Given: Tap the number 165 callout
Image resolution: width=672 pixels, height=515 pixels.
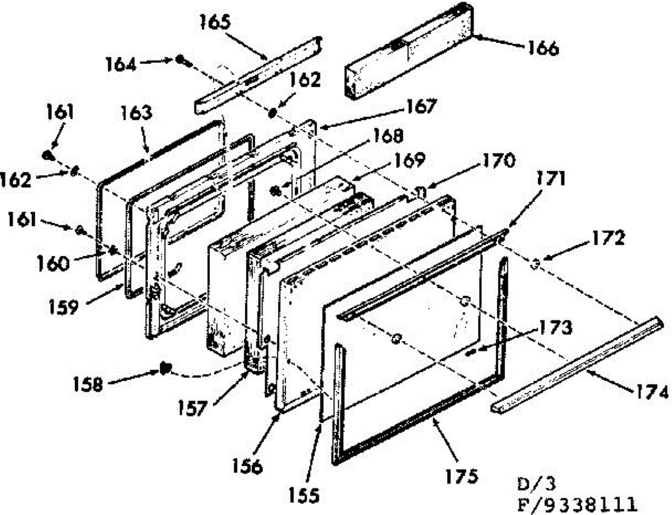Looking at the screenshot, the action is coord(215,22).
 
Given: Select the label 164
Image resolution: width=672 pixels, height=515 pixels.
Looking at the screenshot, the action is coord(120,65).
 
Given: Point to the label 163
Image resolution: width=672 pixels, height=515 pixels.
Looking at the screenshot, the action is coord(137,113).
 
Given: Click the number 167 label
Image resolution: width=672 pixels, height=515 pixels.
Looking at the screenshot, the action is coord(421,106).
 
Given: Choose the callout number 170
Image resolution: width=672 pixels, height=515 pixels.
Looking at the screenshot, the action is coord(500,161).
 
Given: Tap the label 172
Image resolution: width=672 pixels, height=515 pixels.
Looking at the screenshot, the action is coord(608,238).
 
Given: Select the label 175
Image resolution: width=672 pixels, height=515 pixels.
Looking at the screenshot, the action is coord(461,476).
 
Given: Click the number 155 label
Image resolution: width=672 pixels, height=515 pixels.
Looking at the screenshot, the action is coord(304,495).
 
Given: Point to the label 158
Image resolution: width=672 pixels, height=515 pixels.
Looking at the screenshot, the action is coord(87,385).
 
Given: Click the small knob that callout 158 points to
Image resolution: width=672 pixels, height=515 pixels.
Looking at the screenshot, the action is coord(165,368).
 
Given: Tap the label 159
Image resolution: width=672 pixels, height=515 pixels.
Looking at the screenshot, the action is coord(63,307).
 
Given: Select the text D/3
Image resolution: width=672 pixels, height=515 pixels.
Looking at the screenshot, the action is coord(536,484).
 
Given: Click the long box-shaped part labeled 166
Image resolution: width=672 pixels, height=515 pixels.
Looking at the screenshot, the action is coord(409,52).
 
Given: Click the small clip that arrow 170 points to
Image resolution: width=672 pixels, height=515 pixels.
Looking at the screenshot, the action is coord(421,193).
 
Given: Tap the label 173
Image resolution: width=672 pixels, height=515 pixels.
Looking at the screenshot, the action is coord(555,327).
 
